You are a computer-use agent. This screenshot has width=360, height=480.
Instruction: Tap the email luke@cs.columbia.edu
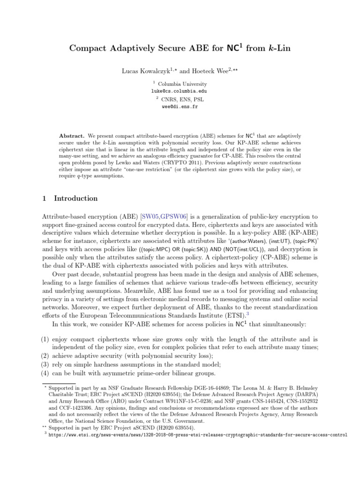coord(180,91)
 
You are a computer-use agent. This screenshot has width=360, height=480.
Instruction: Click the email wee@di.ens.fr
coord(180,107)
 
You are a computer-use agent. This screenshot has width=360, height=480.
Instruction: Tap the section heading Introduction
coord(76,198)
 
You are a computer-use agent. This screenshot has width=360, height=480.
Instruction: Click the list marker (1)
coord(45,339)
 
